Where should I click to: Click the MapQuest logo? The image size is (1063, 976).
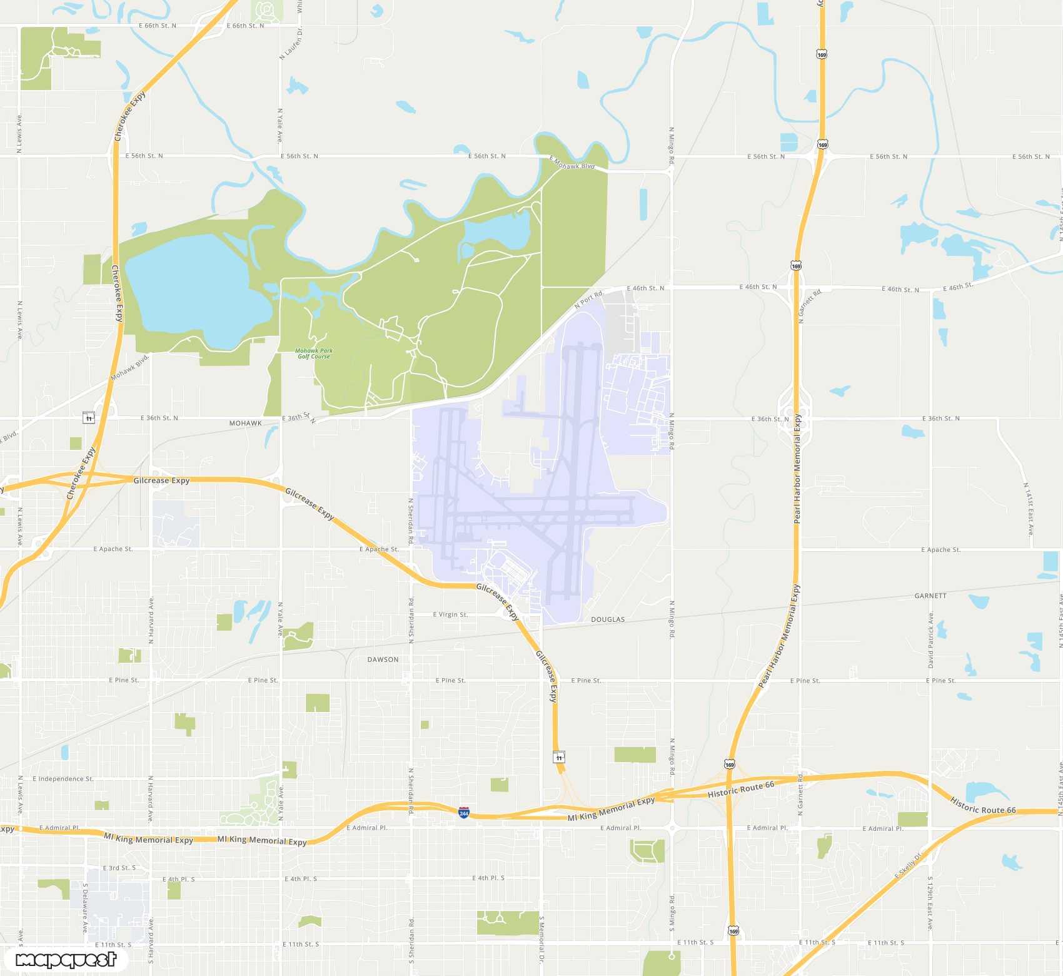point(66,959)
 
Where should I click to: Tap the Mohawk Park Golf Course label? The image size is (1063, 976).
point(314,353)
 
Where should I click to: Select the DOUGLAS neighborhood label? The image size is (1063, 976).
point(608,619)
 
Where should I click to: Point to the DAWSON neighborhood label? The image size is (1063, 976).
point(383,659)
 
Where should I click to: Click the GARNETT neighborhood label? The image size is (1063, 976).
point(930,596)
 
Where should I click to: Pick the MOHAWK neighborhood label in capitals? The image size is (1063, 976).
point(245,424)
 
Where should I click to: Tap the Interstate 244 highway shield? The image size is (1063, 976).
point(463,813)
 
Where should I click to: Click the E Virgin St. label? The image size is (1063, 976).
point(450,614)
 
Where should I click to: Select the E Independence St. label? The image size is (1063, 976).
point(63,779)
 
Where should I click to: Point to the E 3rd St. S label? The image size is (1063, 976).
point(119,868)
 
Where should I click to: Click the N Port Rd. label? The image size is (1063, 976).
point(588,300)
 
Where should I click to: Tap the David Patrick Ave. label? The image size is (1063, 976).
point(930,639)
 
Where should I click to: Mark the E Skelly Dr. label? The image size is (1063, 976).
point(909,865)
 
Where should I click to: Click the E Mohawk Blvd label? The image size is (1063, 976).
point(572,163)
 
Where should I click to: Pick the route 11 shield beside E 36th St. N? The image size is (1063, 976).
point(89,418)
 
